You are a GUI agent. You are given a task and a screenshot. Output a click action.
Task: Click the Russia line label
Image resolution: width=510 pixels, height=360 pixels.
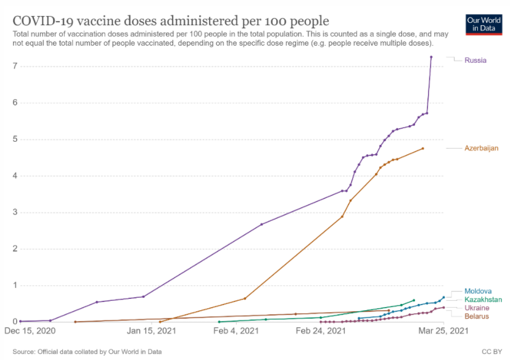[475, 60]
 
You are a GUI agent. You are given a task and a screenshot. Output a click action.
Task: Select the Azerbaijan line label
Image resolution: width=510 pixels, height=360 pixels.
[482, 148]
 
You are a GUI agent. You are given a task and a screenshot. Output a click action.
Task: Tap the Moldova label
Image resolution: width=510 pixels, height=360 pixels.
[478, 291]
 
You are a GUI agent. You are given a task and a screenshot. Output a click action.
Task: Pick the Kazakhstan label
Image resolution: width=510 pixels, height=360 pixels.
[483, 300]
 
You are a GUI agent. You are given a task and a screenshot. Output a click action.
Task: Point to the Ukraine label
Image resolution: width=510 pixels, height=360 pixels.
[477, 308]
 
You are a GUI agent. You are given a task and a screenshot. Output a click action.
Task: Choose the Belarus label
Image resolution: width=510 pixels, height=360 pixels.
[477, 316]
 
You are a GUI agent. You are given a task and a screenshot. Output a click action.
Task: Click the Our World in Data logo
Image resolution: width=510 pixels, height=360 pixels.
[483, 24]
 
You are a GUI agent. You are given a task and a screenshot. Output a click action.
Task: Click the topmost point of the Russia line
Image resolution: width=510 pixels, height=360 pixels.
[431, 57]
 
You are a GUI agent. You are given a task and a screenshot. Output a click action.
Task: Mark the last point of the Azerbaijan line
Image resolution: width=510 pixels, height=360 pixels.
[422, 149]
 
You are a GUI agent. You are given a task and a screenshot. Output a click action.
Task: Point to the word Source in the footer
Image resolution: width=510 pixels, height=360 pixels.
[23, 351]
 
